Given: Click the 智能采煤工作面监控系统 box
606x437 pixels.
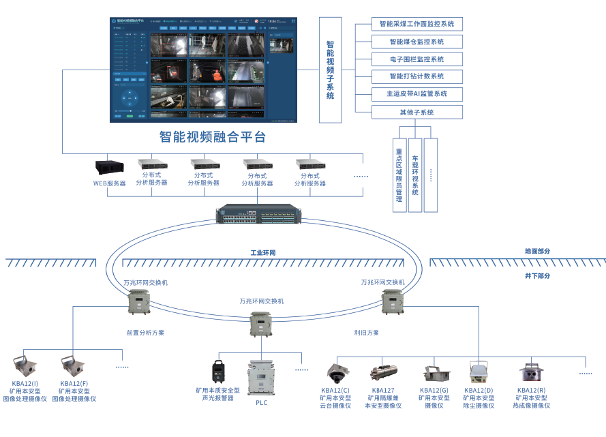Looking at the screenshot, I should click(x=416, y=24).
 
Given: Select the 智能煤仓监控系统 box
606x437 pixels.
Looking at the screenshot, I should click(x=416, y=42).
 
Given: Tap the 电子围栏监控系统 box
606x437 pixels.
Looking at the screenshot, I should click(x=416, y=59).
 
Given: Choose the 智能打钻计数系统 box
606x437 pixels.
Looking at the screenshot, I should click(x=416, y=76).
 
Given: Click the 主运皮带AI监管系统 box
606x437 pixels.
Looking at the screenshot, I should click(x=416, y=94).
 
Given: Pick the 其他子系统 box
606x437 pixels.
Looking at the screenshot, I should click(x=416, y=112).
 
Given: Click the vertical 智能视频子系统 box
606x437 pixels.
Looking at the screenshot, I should click(x=331, y=70).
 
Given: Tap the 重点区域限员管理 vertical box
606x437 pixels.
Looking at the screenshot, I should click(x=399, y=175).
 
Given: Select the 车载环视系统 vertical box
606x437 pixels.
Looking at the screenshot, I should click(x=415, y=175).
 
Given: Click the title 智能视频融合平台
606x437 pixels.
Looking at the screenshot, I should click(x=212, y=137).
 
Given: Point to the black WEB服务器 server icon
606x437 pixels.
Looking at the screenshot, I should click(x=109, y=167).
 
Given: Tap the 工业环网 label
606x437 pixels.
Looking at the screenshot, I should click(x=263, y=253).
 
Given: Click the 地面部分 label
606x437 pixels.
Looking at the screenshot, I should click(x=537, y=251).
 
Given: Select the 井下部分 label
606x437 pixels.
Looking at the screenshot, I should click(x=537, y=276).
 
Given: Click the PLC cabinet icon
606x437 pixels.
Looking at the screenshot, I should click(x=262, y=377).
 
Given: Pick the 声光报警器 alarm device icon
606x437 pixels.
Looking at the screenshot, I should click(x=218, y=373).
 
